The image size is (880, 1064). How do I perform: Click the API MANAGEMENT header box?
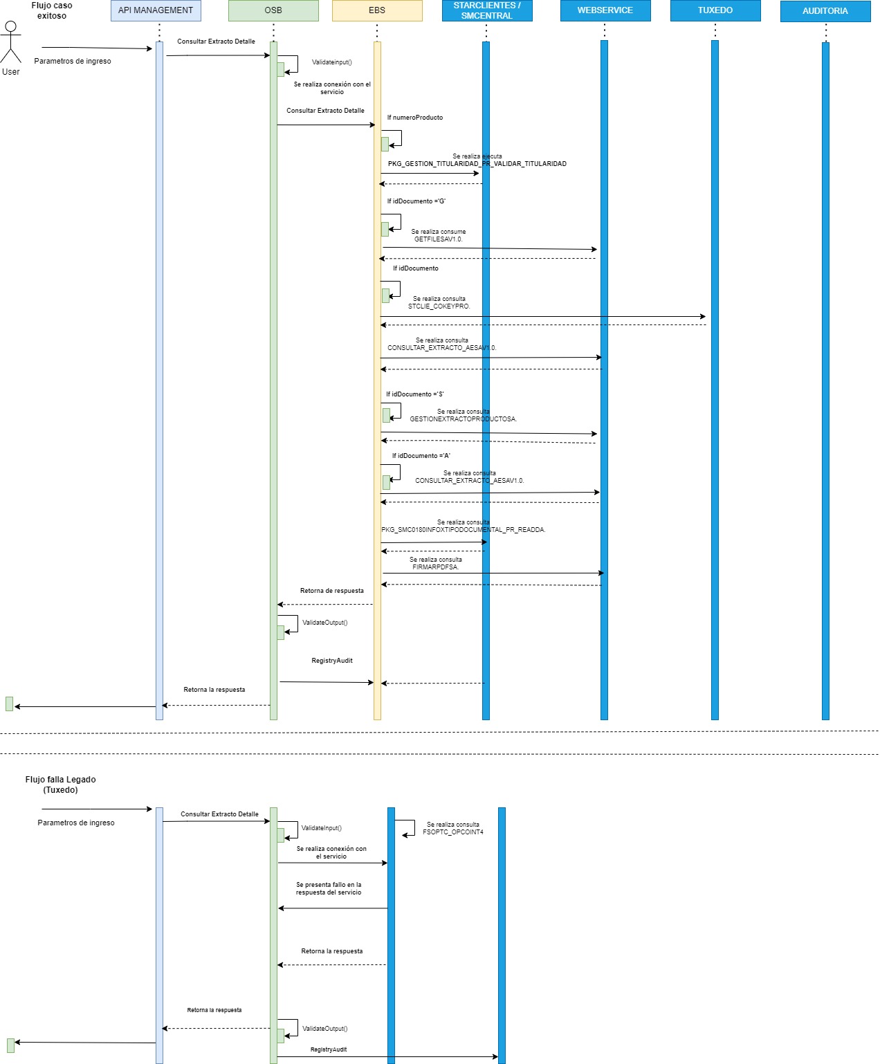(x=156, y=10)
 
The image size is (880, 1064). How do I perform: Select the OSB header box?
(x=273, y=10)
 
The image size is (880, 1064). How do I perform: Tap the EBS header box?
(x=377, y=10)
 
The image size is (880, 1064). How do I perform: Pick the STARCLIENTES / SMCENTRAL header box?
(x=487, y=10)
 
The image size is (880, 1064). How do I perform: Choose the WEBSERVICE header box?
(x=605, y=10)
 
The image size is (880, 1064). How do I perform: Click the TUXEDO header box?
(x=715, y=10)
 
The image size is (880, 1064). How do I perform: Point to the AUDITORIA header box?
(x=825, y=11)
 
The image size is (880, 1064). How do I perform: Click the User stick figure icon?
(x=10, y=43)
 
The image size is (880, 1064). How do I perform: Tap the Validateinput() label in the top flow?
(x=331, y=62)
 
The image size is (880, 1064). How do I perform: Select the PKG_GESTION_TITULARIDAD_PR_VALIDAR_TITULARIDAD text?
(x=477, y=164)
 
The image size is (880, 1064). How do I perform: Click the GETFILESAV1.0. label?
(x=438, y=239)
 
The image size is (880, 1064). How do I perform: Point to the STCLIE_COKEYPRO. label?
(x=439, y=306)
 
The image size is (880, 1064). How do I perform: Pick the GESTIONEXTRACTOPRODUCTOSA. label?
(x=463, y=419)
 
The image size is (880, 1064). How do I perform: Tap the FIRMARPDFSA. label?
(x=435, y=567)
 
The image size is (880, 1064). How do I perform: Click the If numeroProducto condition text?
(x=415, y=118)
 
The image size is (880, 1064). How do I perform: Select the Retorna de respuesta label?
(x=332, y=591)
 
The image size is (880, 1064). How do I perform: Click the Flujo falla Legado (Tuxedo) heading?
(x=61, y=785)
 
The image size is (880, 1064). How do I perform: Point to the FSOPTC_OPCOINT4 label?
(x=453, y=832)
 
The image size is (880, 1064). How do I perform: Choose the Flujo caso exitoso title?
(x=52, y=10)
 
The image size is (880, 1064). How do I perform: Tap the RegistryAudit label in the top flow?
(x=332, y=661)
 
